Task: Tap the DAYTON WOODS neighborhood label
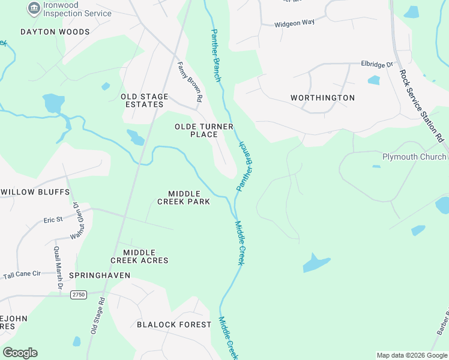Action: point(55,32)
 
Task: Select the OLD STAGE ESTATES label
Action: point(142,100)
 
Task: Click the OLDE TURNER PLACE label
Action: point(196,130)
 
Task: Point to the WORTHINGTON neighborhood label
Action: point(322,98)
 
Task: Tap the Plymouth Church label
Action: point(414,157)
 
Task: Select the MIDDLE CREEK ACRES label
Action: point(139,256)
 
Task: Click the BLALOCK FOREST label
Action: point(174,325)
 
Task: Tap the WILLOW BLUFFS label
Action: point(35,192)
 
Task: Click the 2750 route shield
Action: point(79,295)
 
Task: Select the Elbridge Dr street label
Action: point(376,64)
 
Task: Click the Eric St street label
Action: point(53,220)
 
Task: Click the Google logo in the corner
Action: point(20,353)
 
